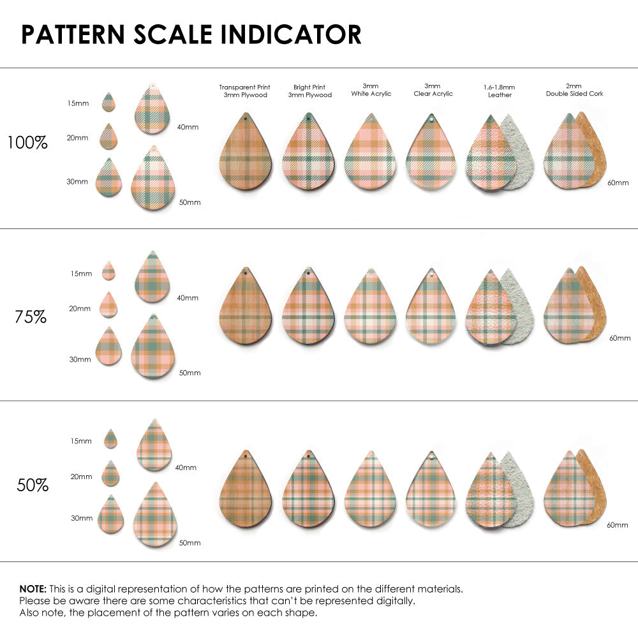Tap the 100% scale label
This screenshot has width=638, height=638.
point(27,142)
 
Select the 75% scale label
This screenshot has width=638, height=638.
point(31,316)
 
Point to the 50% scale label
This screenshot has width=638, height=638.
point(33,485)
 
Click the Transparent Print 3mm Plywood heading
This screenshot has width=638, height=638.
point(244,91)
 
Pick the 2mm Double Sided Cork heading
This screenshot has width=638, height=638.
point(574,90)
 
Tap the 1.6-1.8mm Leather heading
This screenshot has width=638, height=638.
point(500,91)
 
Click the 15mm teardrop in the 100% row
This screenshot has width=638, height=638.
point(108,102)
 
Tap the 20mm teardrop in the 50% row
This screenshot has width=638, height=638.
point(110,474)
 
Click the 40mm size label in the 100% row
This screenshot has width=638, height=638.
point(188,127)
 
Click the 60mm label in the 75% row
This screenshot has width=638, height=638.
point(619,338)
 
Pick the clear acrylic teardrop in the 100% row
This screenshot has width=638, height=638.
point(432,154)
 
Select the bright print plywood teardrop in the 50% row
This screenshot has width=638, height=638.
point(308,491)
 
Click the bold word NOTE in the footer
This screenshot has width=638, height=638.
point(32,588)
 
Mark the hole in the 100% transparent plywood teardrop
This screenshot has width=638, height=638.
point(246,118)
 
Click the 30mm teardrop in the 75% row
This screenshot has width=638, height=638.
point(109,347)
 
